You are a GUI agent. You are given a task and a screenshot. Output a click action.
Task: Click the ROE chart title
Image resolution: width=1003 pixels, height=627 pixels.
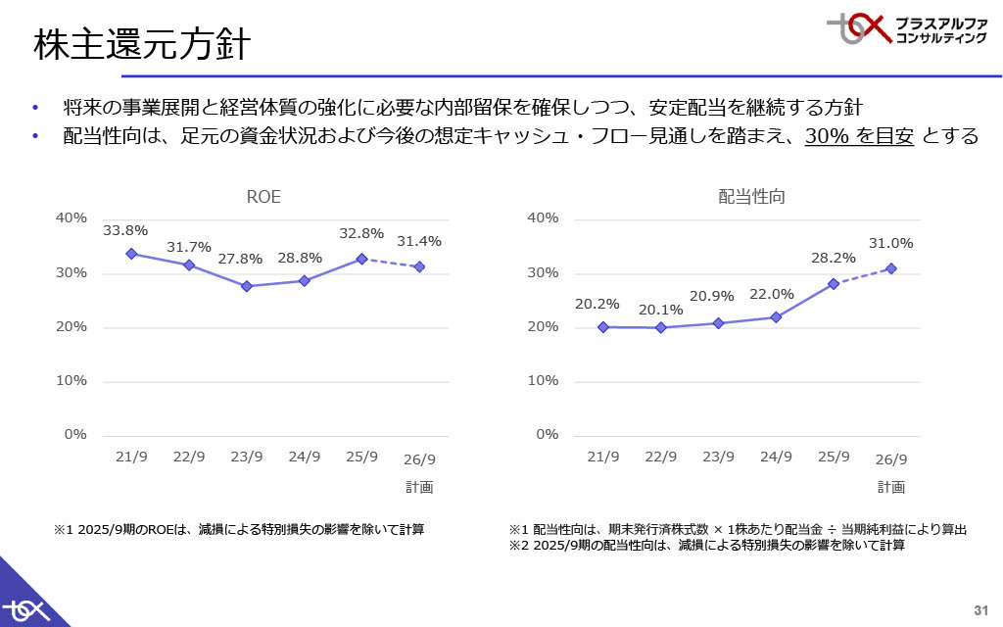(x=263, y=197)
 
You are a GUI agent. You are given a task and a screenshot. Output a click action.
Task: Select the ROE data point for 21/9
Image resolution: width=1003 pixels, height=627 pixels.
(x=131, y=254)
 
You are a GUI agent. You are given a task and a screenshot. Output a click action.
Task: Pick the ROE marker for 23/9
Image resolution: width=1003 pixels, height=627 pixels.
(x=247, y=286)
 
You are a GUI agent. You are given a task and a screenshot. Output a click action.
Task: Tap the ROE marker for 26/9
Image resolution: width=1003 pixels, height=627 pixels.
(x=419, y=266)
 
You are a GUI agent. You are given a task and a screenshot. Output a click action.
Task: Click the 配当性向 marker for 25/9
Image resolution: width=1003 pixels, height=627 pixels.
(x=834, y=284)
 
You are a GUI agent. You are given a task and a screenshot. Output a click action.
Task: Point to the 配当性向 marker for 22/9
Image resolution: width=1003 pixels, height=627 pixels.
(x=660, y=327)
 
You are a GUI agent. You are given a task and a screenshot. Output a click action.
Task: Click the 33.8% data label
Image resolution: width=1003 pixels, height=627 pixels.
(x=125, y=231)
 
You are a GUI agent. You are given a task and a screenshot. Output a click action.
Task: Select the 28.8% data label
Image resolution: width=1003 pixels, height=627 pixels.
(x=300, y=258)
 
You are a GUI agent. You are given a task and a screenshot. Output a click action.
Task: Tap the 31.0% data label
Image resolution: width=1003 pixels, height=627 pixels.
(x=890, y=244)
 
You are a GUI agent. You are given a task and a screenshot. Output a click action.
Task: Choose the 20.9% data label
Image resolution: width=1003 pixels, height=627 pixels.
(x=718, y=295)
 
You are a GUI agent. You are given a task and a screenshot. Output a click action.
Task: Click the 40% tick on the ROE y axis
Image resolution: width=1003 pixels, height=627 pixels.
(x=72, y=217)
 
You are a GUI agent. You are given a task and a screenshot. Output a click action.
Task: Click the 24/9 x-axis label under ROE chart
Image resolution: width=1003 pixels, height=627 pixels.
(x=304, y=458)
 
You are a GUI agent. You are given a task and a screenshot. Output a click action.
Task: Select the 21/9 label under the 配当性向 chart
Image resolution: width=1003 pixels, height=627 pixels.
(x=603, y=458)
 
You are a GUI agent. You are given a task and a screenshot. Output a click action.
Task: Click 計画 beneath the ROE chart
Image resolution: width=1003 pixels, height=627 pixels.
(x=419, y=487)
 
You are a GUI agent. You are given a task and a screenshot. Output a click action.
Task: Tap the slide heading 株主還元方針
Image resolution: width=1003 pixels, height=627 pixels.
(x=142, y=45)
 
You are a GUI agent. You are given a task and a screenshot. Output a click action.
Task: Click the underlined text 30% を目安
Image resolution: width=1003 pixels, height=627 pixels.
(x=859, y=136)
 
